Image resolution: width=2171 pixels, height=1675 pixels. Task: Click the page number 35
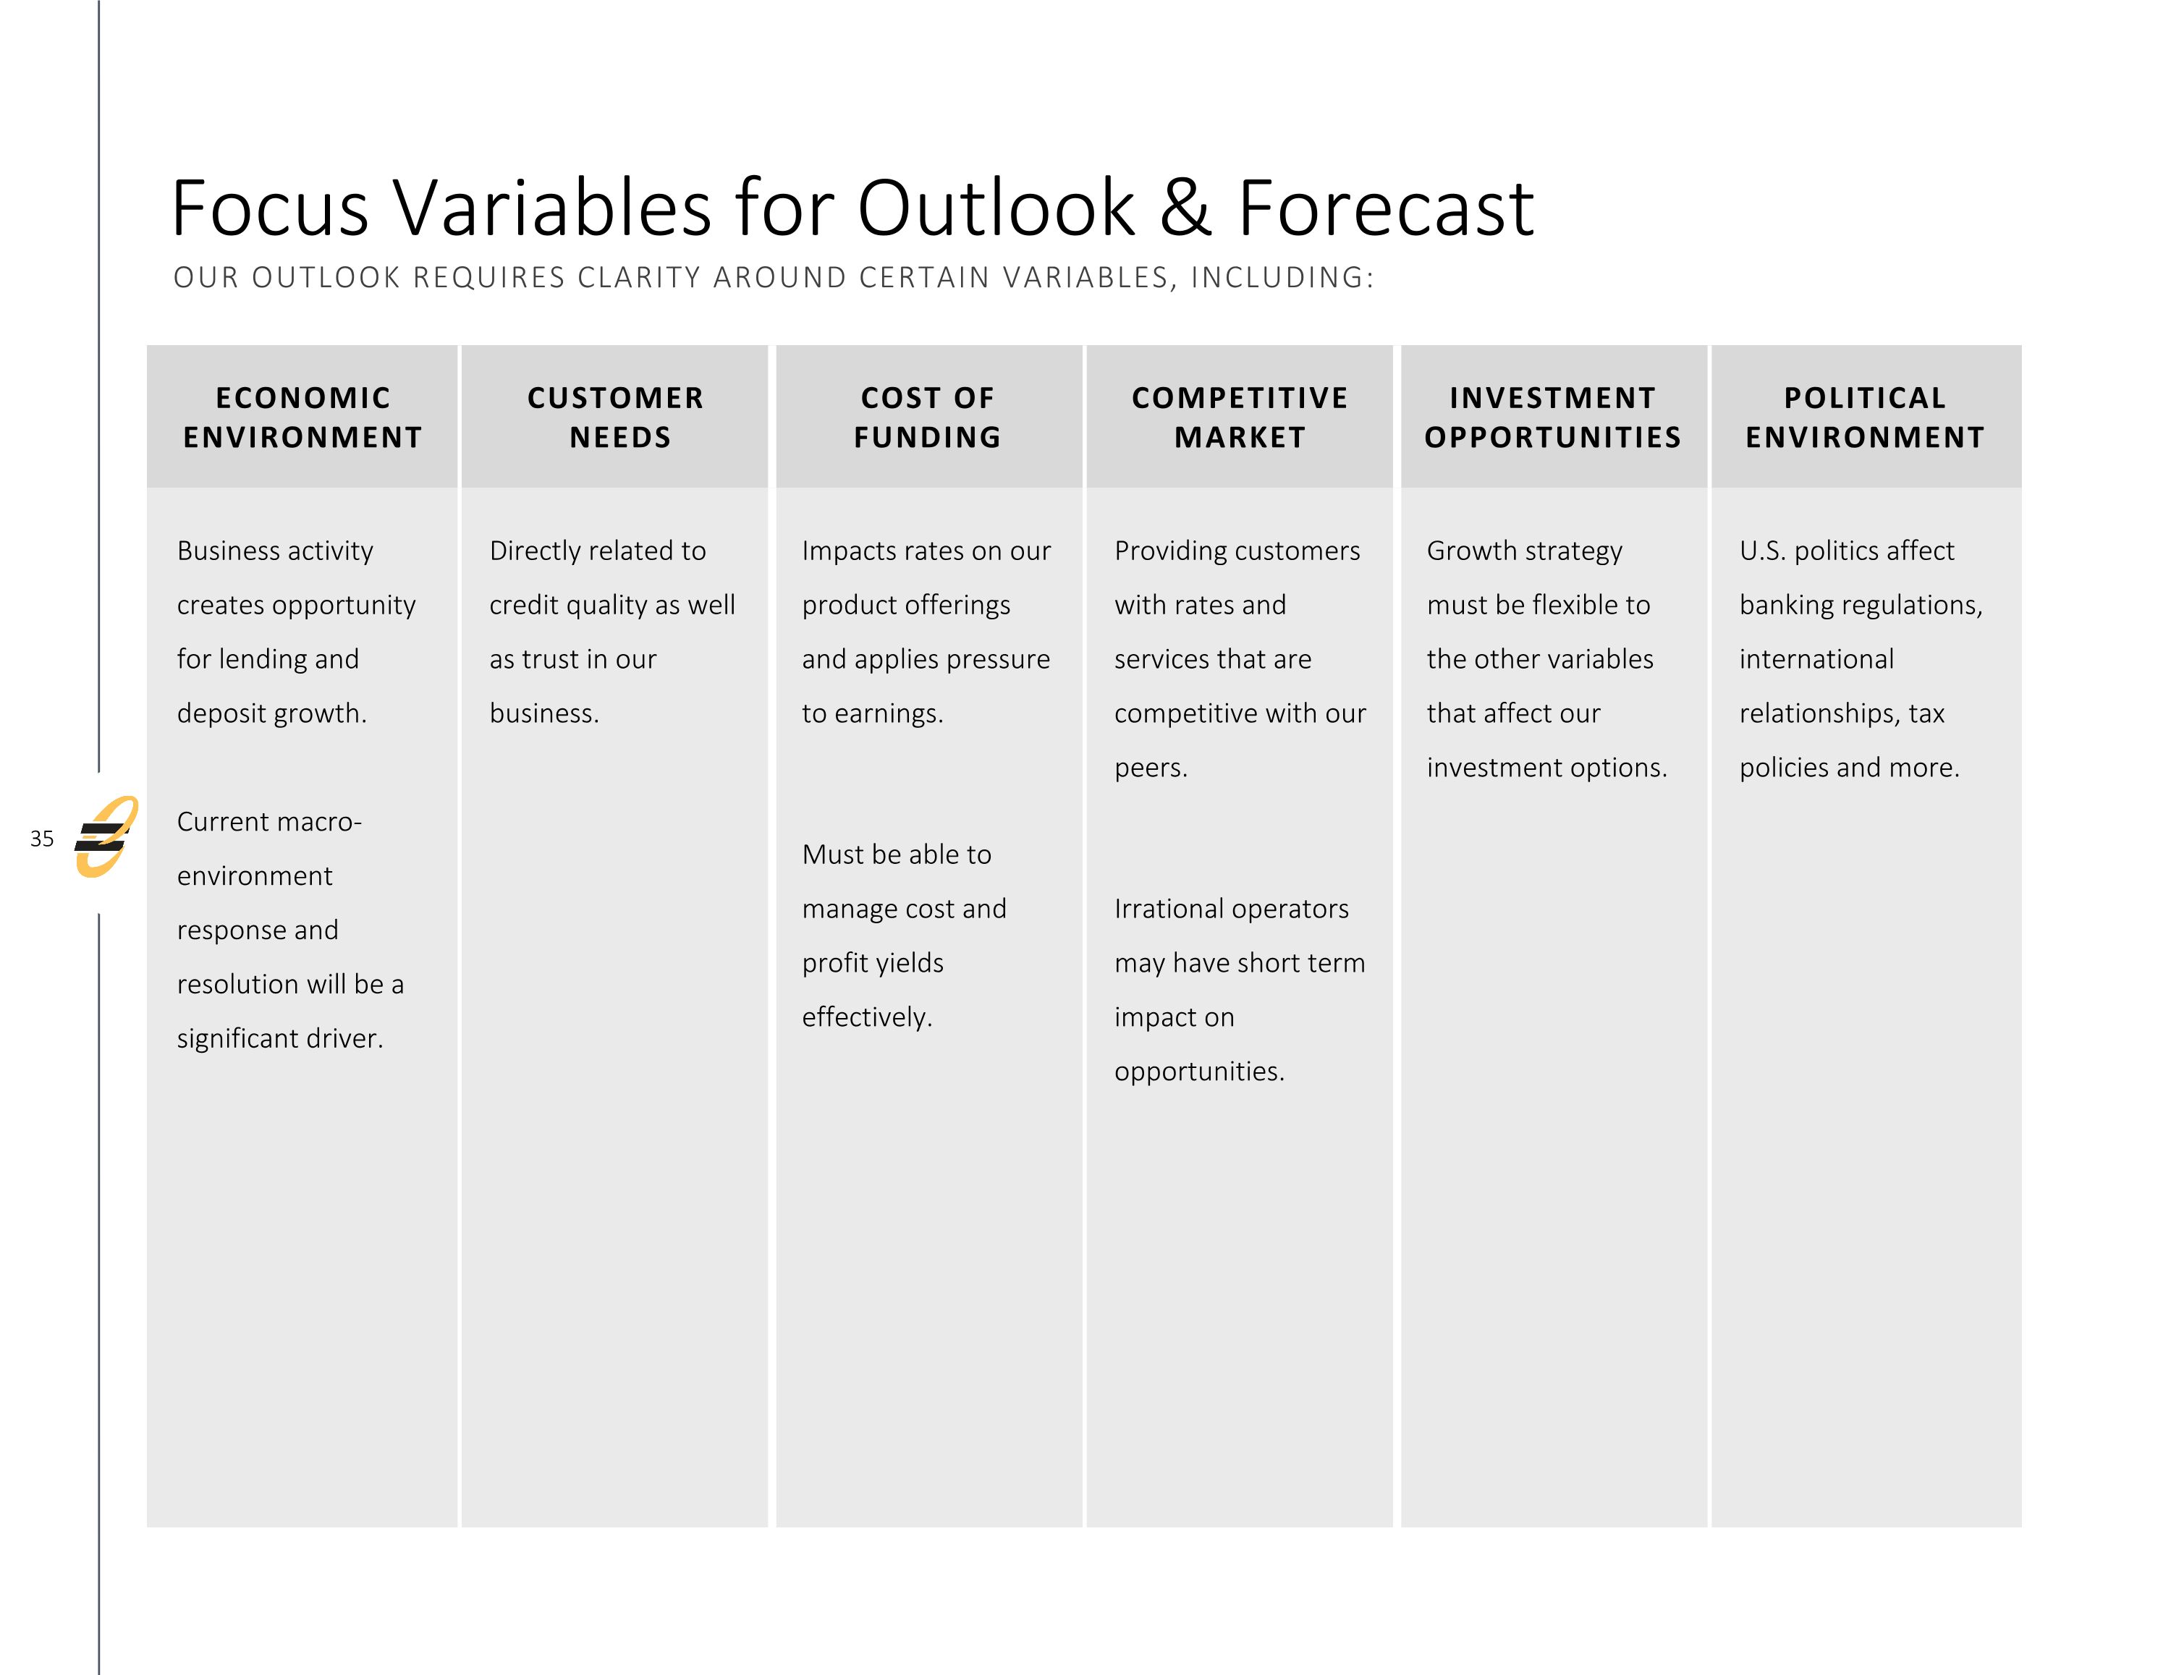coord(42,838)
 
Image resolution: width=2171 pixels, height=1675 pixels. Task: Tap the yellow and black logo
coord(106,837)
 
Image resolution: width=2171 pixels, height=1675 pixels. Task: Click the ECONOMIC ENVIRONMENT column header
coord(302,417)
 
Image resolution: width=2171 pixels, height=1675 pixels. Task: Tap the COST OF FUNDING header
coord(928,417)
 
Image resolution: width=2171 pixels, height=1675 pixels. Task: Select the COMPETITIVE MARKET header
coord(1240,417)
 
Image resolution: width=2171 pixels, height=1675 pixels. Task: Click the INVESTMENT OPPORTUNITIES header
coord(1553,417)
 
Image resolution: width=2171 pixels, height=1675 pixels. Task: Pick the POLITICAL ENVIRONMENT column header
coord(1865,417)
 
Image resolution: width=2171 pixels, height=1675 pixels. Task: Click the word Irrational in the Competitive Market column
coord(1168,909)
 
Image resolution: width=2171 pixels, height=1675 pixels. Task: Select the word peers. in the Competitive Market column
coord(1151,768)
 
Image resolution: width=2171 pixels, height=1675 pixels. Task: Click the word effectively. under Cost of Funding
coord(867,1017)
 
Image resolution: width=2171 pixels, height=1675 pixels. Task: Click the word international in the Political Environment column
coord(1816,659)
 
